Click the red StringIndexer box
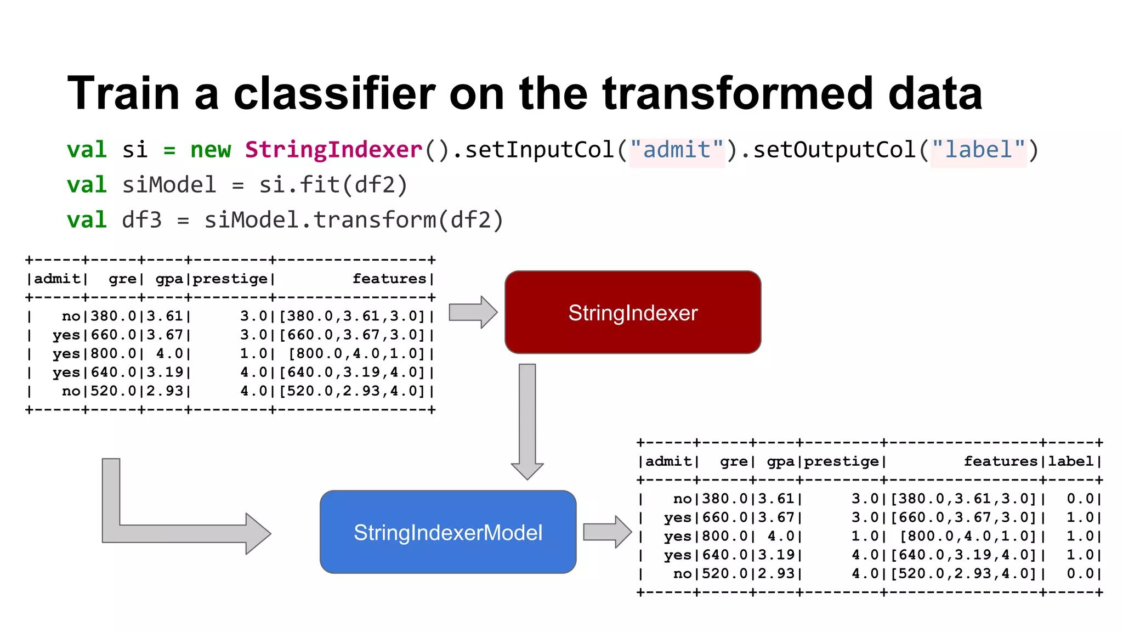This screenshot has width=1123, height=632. (633, 312)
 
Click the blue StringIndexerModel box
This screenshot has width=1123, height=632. (448, 532)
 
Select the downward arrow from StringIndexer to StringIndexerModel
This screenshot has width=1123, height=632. (527, 420)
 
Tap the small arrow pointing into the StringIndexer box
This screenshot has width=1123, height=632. (472, 312)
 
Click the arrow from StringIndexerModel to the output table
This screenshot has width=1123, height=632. (606, 532)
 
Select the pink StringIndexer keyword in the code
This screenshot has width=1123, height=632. (333, 150)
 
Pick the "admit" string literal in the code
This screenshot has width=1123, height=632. (677, 150)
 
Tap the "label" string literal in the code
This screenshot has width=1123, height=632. (978, 150)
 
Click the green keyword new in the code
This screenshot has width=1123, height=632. (211, 150)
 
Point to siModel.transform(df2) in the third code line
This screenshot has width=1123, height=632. (353, 220)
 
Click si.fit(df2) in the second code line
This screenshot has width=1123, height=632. (333, 185)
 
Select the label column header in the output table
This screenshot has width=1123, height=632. (1071, 461)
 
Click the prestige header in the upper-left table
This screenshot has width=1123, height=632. (230, 279)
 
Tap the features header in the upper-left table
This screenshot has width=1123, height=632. (389, 279)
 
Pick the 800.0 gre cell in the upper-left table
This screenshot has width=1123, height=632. (114, 354)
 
